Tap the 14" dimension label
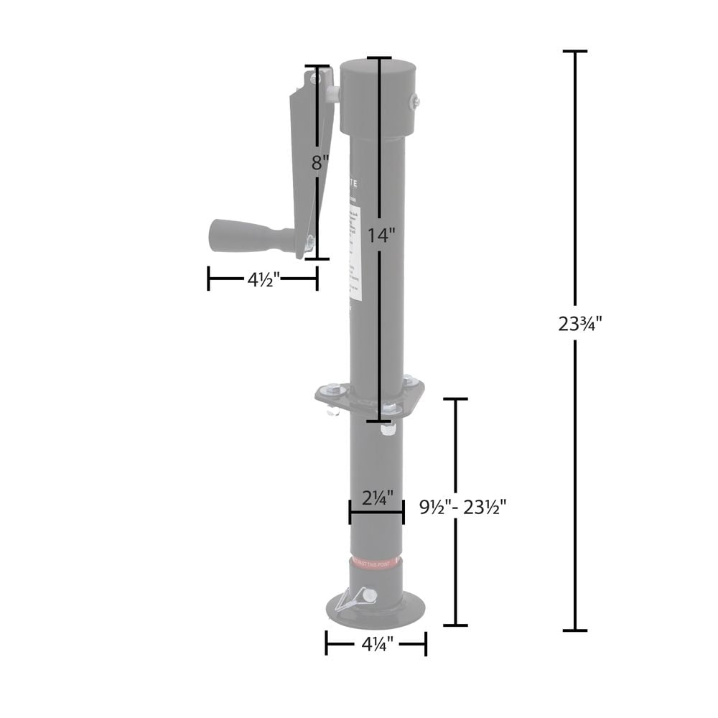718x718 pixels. (381, 235)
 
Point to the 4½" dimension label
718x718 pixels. (262, 280)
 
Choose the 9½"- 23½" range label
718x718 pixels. (463, 508)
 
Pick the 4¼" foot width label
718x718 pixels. (376, 645)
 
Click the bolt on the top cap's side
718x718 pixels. (414, 103)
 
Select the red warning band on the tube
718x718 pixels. (376, 563)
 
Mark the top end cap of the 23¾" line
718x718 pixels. (575, 52)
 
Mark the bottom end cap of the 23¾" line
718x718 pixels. (575, 630)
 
